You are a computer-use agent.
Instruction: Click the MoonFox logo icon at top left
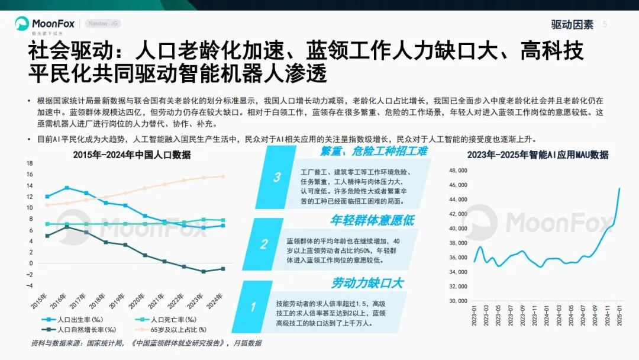click(x=22, y=24)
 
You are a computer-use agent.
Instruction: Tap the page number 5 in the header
click(x=605, y=24)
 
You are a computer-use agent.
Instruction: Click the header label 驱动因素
click(x=572, y=24)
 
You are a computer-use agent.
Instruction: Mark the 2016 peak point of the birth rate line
click(x=67, y=188)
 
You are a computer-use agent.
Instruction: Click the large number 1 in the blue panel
click(x=253, y=307)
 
